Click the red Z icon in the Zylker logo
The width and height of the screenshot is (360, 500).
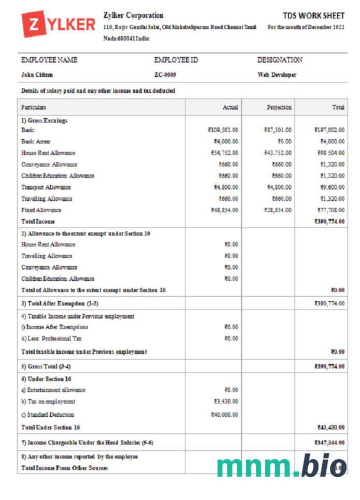pyautogui.click(x=34, y=24)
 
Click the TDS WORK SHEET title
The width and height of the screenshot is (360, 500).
pyautogui.click(x=313, y=16)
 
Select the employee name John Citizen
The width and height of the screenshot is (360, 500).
pyautogui.click(x=37, y=75)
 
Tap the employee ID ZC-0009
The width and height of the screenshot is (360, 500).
pyautogui.click(x=165, y=75)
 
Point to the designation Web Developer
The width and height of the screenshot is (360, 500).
pyautogui.click(x=277, y=75)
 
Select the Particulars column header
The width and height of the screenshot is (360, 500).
pyautogui.click(x=34, y=108)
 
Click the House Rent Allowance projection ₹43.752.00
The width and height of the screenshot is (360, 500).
pyautogui.click(x=277, y=153)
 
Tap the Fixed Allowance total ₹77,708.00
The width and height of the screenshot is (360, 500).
pyautogui.click(x=331, y=210)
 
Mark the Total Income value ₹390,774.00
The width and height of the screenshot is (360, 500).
pyautogui.click(x=329, y=222)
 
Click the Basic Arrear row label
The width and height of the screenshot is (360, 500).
pyautogui.click(x=36, y=141)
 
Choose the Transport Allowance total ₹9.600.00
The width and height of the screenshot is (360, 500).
pyautogui.click(x=331, y=187)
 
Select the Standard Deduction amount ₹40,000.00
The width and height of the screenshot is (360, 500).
pyautogui.click(x=224, y=415)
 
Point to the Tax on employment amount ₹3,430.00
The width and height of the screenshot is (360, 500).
pyautogui.click(x=226, y=401)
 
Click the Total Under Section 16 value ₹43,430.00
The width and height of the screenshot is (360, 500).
pyautogui.click(x=331, y=428)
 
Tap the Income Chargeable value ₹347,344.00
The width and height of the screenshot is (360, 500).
pyautogui.click(x=329, y=443)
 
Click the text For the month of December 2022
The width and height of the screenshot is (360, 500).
pyautogui.click(x=306, y=27)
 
